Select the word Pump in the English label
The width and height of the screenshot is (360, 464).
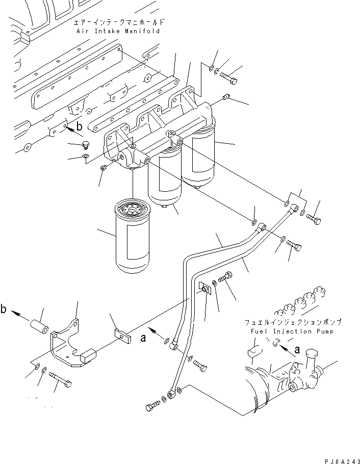pyautogui.click(x=325, y=332)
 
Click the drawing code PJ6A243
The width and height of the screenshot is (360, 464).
pyautogui.click(x=342, y=461)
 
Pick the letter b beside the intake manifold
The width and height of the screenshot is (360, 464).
pyautogui.click(x=79, y=126)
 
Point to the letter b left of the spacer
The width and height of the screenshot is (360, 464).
pyautogui.click(x=3, y=309)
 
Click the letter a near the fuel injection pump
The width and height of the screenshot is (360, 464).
pyautogui.click(x=297, y=350)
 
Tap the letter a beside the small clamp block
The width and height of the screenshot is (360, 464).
pyautogui.click(x=143, y=338)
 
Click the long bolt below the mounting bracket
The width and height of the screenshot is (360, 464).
pyautogui.click(x=60, y=379)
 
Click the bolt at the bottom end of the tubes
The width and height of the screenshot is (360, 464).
pyautogui.click(x=153, y=405)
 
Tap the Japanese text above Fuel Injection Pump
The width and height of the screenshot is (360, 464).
pyautogui.click(x=293, y=322)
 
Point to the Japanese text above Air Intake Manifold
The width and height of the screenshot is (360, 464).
pyautogui.click(x=118, y=22)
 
